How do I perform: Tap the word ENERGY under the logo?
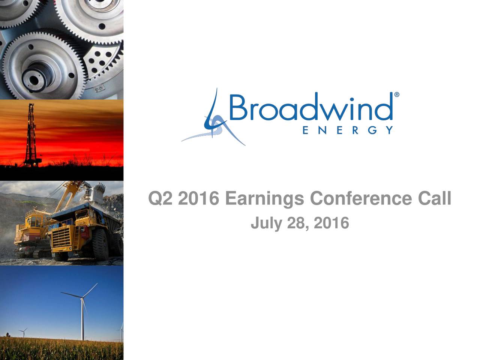(x=347, y=130)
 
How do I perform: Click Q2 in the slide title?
(x=160, y=198)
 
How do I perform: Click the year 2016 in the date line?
(x=331, y=223)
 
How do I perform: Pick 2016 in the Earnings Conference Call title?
(x=198, y=198)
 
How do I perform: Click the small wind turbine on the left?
(x=23, y=331)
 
